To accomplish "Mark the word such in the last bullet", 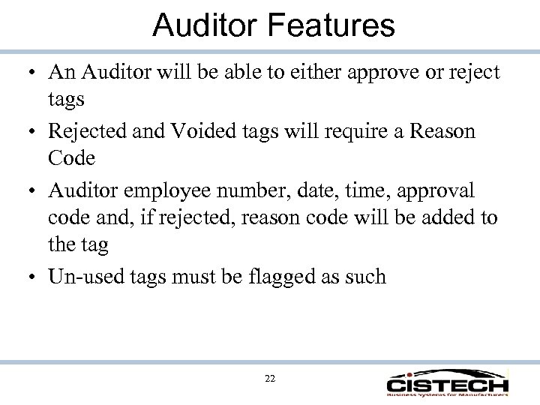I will click(x=365, y=276).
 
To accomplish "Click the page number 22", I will click(x=270, y=379).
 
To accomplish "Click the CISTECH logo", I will click(x=447, y=381).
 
